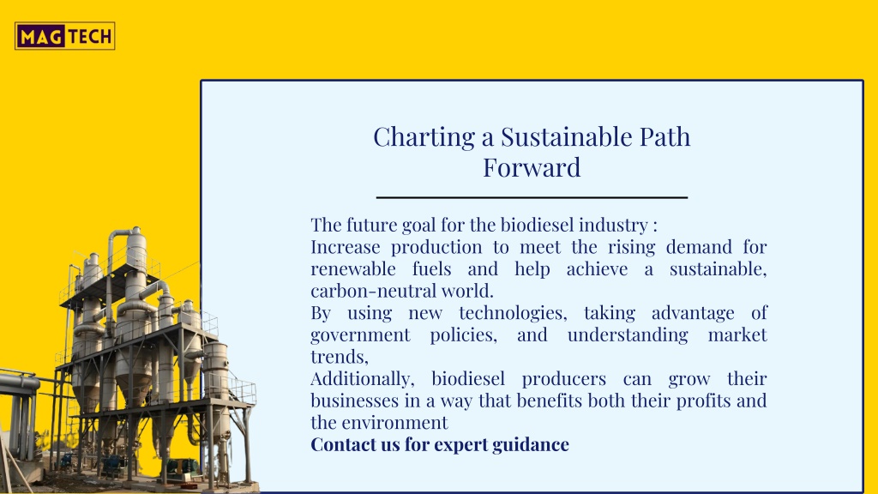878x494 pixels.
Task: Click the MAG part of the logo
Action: point(41,37)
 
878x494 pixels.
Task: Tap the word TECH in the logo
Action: point(90,37)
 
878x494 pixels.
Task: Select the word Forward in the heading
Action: point(532,167)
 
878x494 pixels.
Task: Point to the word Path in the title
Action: point(665,136)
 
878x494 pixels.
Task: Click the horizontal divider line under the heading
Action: point(532,198)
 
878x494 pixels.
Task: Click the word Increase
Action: point(346,247)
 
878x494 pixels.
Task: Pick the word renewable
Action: point(353,268)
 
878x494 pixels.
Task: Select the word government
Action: point(361,335)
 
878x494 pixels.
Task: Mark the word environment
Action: point(394,423)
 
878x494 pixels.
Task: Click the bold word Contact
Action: point(343,445)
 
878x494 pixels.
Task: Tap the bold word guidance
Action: point(531,445)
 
